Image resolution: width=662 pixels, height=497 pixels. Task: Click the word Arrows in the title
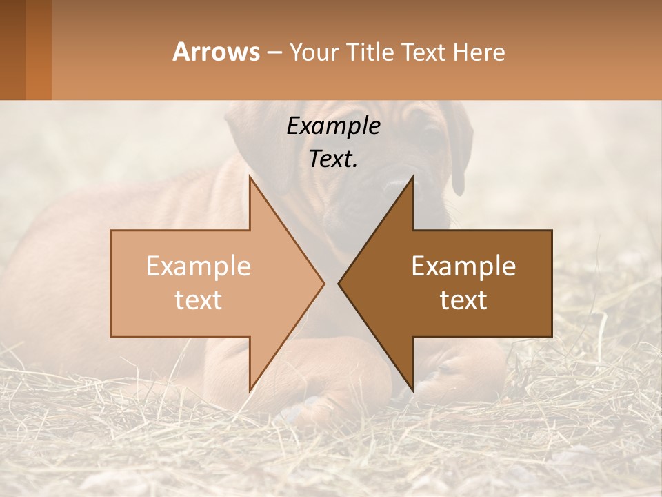[216, 52]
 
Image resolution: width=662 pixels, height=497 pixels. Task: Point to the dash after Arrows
[274, 53]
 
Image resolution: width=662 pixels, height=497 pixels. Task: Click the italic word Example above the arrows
[333, 126]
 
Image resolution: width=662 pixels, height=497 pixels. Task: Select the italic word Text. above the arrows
[333, 159]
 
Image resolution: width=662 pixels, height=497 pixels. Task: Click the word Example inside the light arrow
[199, 266]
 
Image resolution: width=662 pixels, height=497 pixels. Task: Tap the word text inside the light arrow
[199, 300]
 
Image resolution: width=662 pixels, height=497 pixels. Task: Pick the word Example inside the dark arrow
[463, 266]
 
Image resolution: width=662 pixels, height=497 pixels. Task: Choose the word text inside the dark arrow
[463, 300]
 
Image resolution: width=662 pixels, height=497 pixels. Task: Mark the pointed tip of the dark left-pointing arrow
[339, 283]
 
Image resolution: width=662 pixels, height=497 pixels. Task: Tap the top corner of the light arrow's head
[250, 177]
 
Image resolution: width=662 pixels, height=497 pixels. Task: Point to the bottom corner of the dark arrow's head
[412, 391]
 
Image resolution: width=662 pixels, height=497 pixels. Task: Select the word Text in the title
[424, 52]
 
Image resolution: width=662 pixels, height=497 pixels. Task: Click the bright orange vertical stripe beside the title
[39, 50]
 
